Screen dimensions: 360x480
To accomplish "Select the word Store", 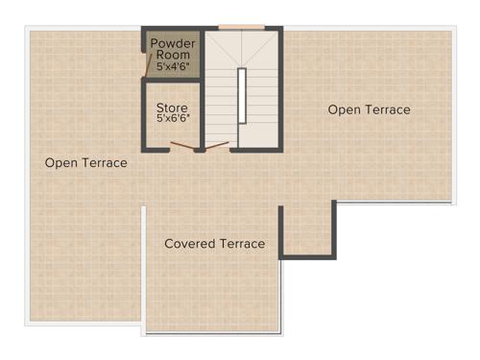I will (173, 108).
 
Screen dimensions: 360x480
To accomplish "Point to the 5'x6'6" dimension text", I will (173, 119).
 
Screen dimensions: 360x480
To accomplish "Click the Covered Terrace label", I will (214, 244).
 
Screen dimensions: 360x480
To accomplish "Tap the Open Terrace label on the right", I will (369, 110).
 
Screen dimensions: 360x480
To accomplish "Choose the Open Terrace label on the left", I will (85, 163).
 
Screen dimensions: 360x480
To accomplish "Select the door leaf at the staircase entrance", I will (217, 146).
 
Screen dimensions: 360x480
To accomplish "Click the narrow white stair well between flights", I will (243, 95).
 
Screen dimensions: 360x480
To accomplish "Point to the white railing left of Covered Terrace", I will (144, 269).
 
